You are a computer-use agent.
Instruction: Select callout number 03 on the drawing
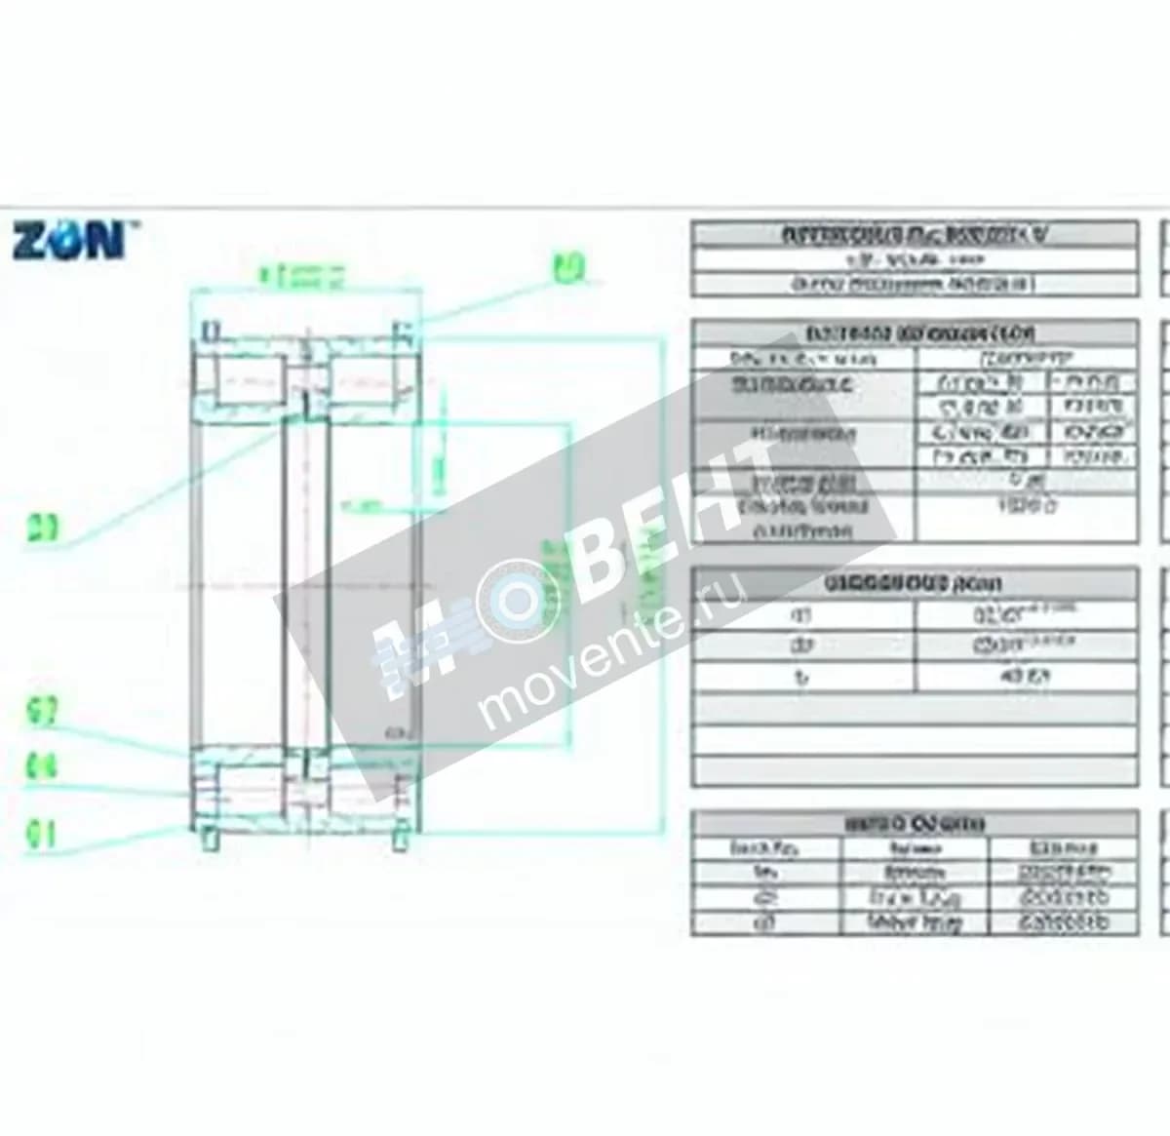pyautogui.click(x=42, y=529)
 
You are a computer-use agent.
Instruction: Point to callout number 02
pyautogui.click(x=42, y=713)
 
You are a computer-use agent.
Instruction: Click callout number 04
pyautogui.click(x=42, y=766)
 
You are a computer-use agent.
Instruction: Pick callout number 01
pyautogui.click(x=42, y=835)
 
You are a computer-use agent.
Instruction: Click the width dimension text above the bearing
pyautogui.click(x=302, y=276)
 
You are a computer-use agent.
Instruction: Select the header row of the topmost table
pyautogui.click(x=914, y=235)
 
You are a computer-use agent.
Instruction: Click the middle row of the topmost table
pyautogui.click(x=914, y=260)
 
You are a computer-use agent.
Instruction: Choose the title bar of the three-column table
pyautogui.click(x=914, y=824)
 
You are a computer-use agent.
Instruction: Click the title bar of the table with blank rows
pyautogui.click(x=914, y=584)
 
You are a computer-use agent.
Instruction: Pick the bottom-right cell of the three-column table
pyautogui.click(x=1063, y=922)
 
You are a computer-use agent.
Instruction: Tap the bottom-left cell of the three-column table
pyautogui.click(x=765, y=922)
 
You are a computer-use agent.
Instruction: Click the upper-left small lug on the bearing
pyautogui.click(x=210, y=332)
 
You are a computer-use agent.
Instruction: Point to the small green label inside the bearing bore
pyautogui.click(x=363, y=506)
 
